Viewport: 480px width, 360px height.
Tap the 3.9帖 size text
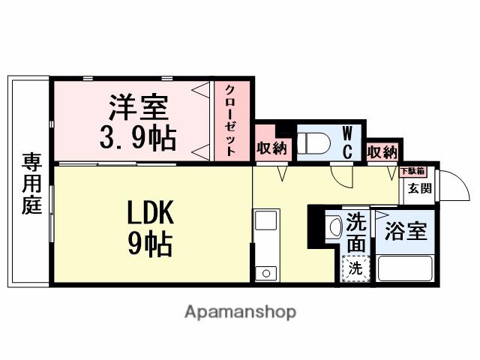click(138, 137)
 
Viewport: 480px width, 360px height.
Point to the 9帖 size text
click(150, 244)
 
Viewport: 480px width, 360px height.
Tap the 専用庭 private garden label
click(31, 183)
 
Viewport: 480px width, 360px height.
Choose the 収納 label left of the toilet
click(271, 149)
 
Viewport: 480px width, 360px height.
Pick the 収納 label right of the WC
click(382, 151)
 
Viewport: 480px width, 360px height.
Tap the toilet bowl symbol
click(313, 141)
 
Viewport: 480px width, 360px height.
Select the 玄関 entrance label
click(419, 188)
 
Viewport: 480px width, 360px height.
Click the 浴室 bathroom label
click(405, 231)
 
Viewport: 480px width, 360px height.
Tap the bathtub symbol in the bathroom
click(405, 268)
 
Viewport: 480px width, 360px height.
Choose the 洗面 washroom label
click(358, 233)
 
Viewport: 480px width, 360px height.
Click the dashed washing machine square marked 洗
click(356, 267)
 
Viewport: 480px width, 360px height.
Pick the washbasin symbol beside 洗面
click(334, 224)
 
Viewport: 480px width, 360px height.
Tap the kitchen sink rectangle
click(266, 221)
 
